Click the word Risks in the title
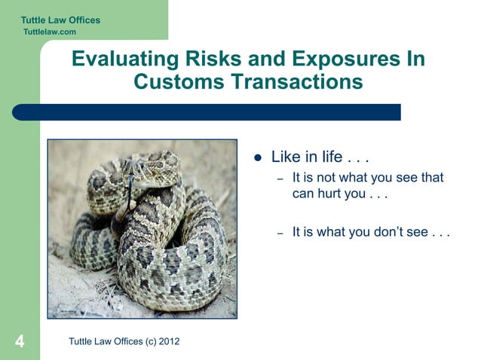209,59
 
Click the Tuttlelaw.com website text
50,32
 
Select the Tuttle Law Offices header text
60,20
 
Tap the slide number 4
20,342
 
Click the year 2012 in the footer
168,342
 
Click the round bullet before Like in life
257,158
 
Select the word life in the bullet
332,157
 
